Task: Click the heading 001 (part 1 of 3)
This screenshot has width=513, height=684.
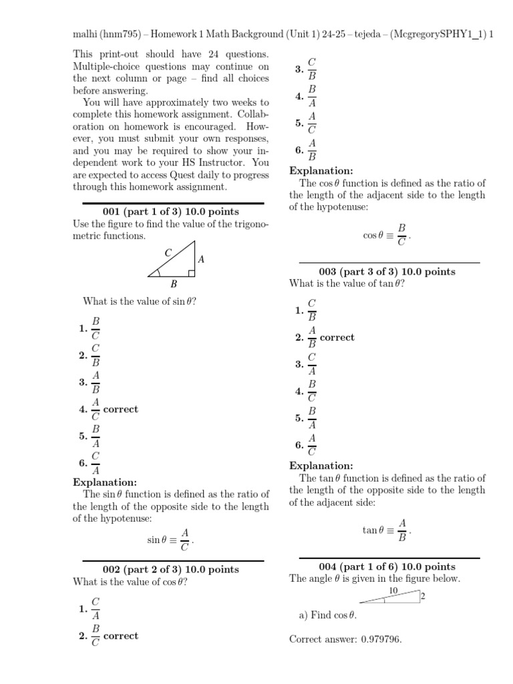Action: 173,212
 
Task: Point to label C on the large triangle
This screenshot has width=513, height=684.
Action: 168,252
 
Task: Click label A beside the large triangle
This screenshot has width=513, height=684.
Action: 201,259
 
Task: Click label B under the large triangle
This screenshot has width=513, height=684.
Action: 174,284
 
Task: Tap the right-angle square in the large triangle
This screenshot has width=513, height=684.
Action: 192,273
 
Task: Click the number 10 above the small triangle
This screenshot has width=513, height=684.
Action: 393,591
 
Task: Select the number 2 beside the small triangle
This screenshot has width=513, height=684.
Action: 423,596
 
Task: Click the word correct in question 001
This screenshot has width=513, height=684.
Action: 121,409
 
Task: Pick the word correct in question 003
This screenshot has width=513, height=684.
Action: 337,337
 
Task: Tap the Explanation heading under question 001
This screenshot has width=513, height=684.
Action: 105,482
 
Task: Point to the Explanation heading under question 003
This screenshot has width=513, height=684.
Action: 321,466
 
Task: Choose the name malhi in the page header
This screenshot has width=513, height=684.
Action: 85,34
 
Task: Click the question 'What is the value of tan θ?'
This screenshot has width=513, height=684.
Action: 347,284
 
